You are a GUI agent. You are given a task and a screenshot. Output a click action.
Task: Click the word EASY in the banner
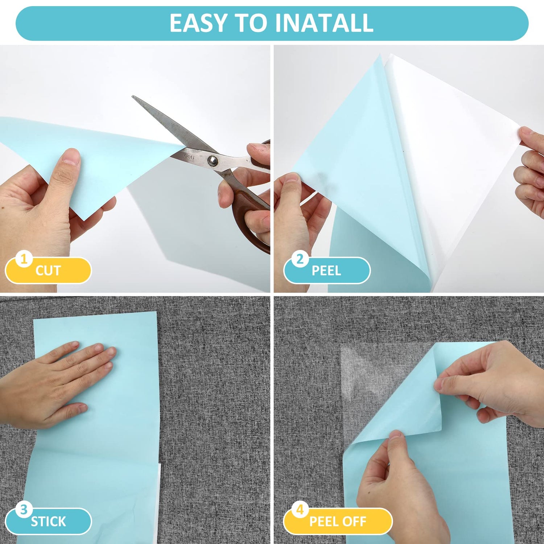199,23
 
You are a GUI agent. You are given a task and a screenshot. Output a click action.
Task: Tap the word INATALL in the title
324,23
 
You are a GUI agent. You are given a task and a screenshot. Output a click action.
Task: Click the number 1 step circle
24,259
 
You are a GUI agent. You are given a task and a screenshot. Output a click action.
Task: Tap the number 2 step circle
300,259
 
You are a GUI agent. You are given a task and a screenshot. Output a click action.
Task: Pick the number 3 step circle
24,510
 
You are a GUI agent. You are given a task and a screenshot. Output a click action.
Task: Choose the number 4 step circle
300,510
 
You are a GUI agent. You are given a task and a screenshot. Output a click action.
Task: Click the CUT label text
48,271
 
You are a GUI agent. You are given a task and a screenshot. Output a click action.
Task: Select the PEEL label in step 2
326,271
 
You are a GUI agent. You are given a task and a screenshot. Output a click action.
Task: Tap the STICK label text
48,522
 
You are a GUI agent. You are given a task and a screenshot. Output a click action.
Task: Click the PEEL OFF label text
338,522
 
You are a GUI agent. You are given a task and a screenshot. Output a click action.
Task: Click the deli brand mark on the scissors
189,157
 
